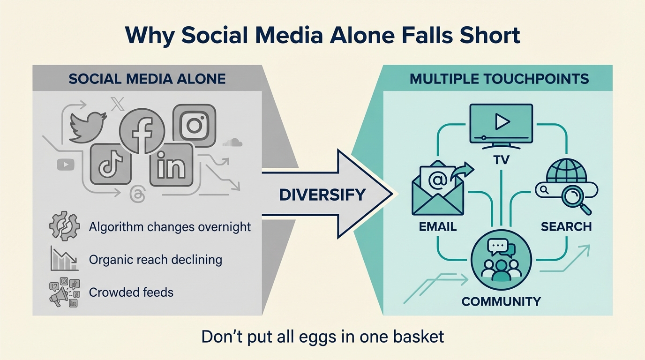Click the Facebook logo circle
[x=142, y=131]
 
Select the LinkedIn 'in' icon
[x=171, y=165]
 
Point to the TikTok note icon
[x=111, y=165]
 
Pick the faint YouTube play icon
[x=65, y=164]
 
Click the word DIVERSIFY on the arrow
[x=322, y=194]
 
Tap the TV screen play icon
[x=501, y=123]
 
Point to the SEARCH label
[x=566, y=227]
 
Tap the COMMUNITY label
[x=501, y=301]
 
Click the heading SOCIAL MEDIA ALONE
[x=147, y=78]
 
